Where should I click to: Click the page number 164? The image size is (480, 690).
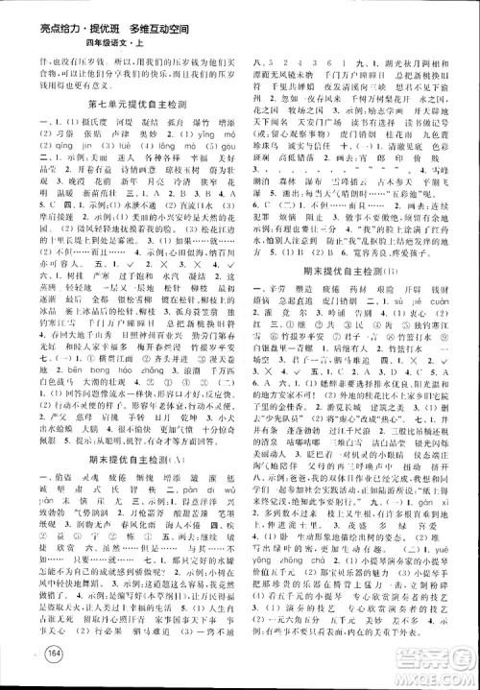pos(30,655)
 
